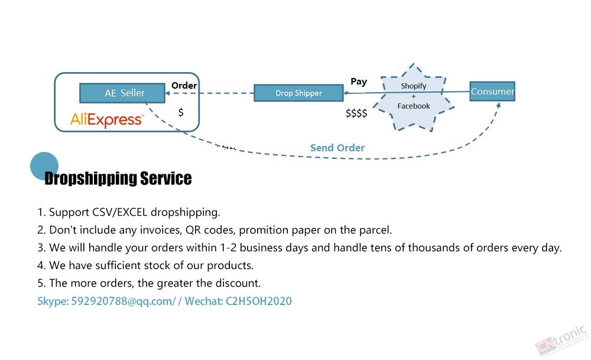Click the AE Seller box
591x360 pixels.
click(122, 93)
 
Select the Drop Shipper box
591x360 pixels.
click(298, 93)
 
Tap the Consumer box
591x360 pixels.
click(492, 91)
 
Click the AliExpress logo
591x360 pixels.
click(106, 119)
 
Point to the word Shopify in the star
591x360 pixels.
click(414, 86)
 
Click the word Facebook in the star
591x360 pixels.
click(414, 106)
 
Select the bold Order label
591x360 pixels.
click(184, 86)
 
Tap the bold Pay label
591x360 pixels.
click(359, 82)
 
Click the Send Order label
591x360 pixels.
click(337, 148)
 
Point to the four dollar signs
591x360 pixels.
click(356, 113)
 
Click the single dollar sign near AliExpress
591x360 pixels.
click(181, 112)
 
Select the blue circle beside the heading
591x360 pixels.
click(44, 166)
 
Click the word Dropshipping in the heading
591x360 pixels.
click(90, 179)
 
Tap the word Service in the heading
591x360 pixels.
click(166, 178)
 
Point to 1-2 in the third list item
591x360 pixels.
click(228, 248)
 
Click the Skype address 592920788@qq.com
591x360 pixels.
click(122, 301)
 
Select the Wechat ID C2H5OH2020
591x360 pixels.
click(259, 301)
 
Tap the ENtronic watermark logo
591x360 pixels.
click(561, 340)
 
